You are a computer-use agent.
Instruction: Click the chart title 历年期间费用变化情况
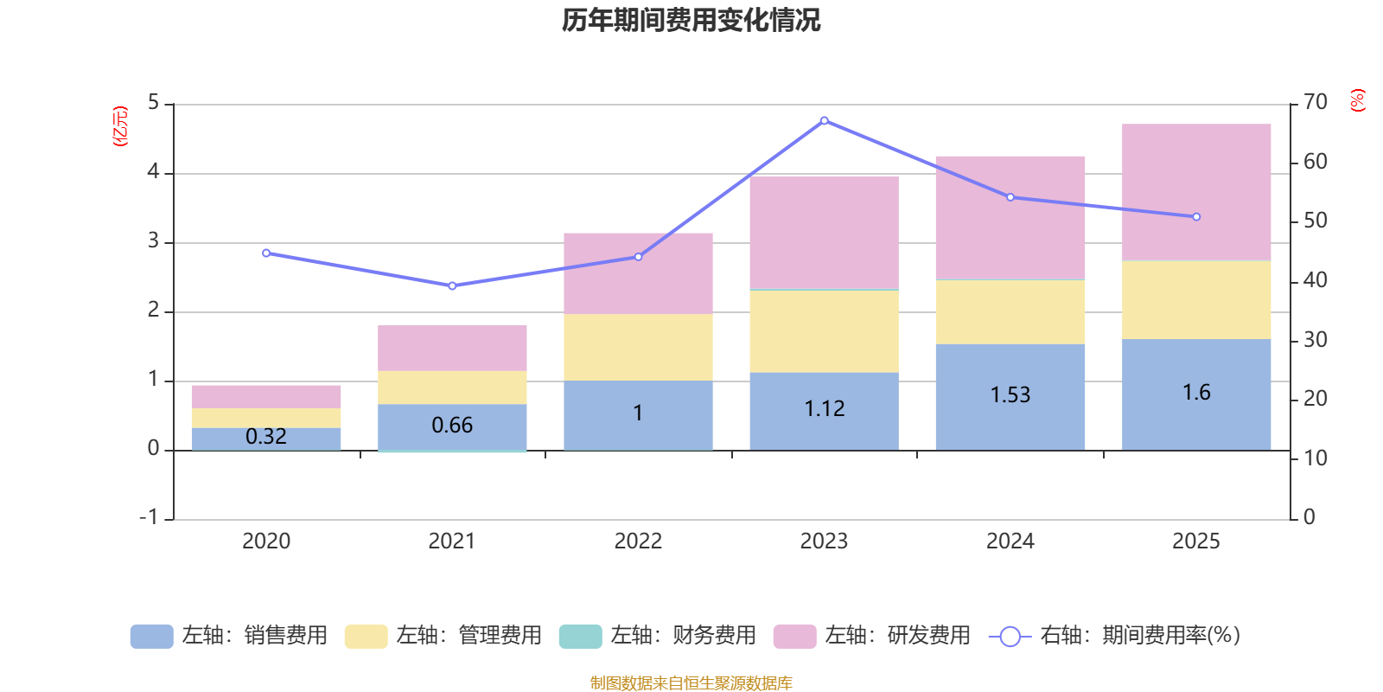[691, 20]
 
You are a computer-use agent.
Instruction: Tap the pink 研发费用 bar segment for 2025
[1196, 192]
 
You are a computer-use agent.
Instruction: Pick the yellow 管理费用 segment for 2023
[824, 331]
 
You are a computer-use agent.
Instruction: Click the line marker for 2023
[824, 120]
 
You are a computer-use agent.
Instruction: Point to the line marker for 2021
[452, 285]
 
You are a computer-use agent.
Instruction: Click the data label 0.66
[452, 425]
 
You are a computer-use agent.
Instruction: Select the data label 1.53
[1010, 394]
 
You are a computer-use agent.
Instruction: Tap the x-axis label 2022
[638, 541]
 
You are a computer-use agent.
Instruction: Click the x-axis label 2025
[1195, 541]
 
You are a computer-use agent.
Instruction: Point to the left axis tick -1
[150, 517]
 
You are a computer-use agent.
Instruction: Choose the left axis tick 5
[154, 103]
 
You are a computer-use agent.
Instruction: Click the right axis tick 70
[1315, 102]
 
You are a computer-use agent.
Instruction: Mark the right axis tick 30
[1315, 340]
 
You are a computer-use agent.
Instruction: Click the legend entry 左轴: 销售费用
[229, 636]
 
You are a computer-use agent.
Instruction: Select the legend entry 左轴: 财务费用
[658, 636]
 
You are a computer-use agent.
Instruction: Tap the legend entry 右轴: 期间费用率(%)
[1115, 636]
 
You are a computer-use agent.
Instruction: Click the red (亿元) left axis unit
[120, 126]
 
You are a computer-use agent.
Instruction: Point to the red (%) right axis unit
[1357, 100]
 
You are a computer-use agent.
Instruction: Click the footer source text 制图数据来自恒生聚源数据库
[691, 683]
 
